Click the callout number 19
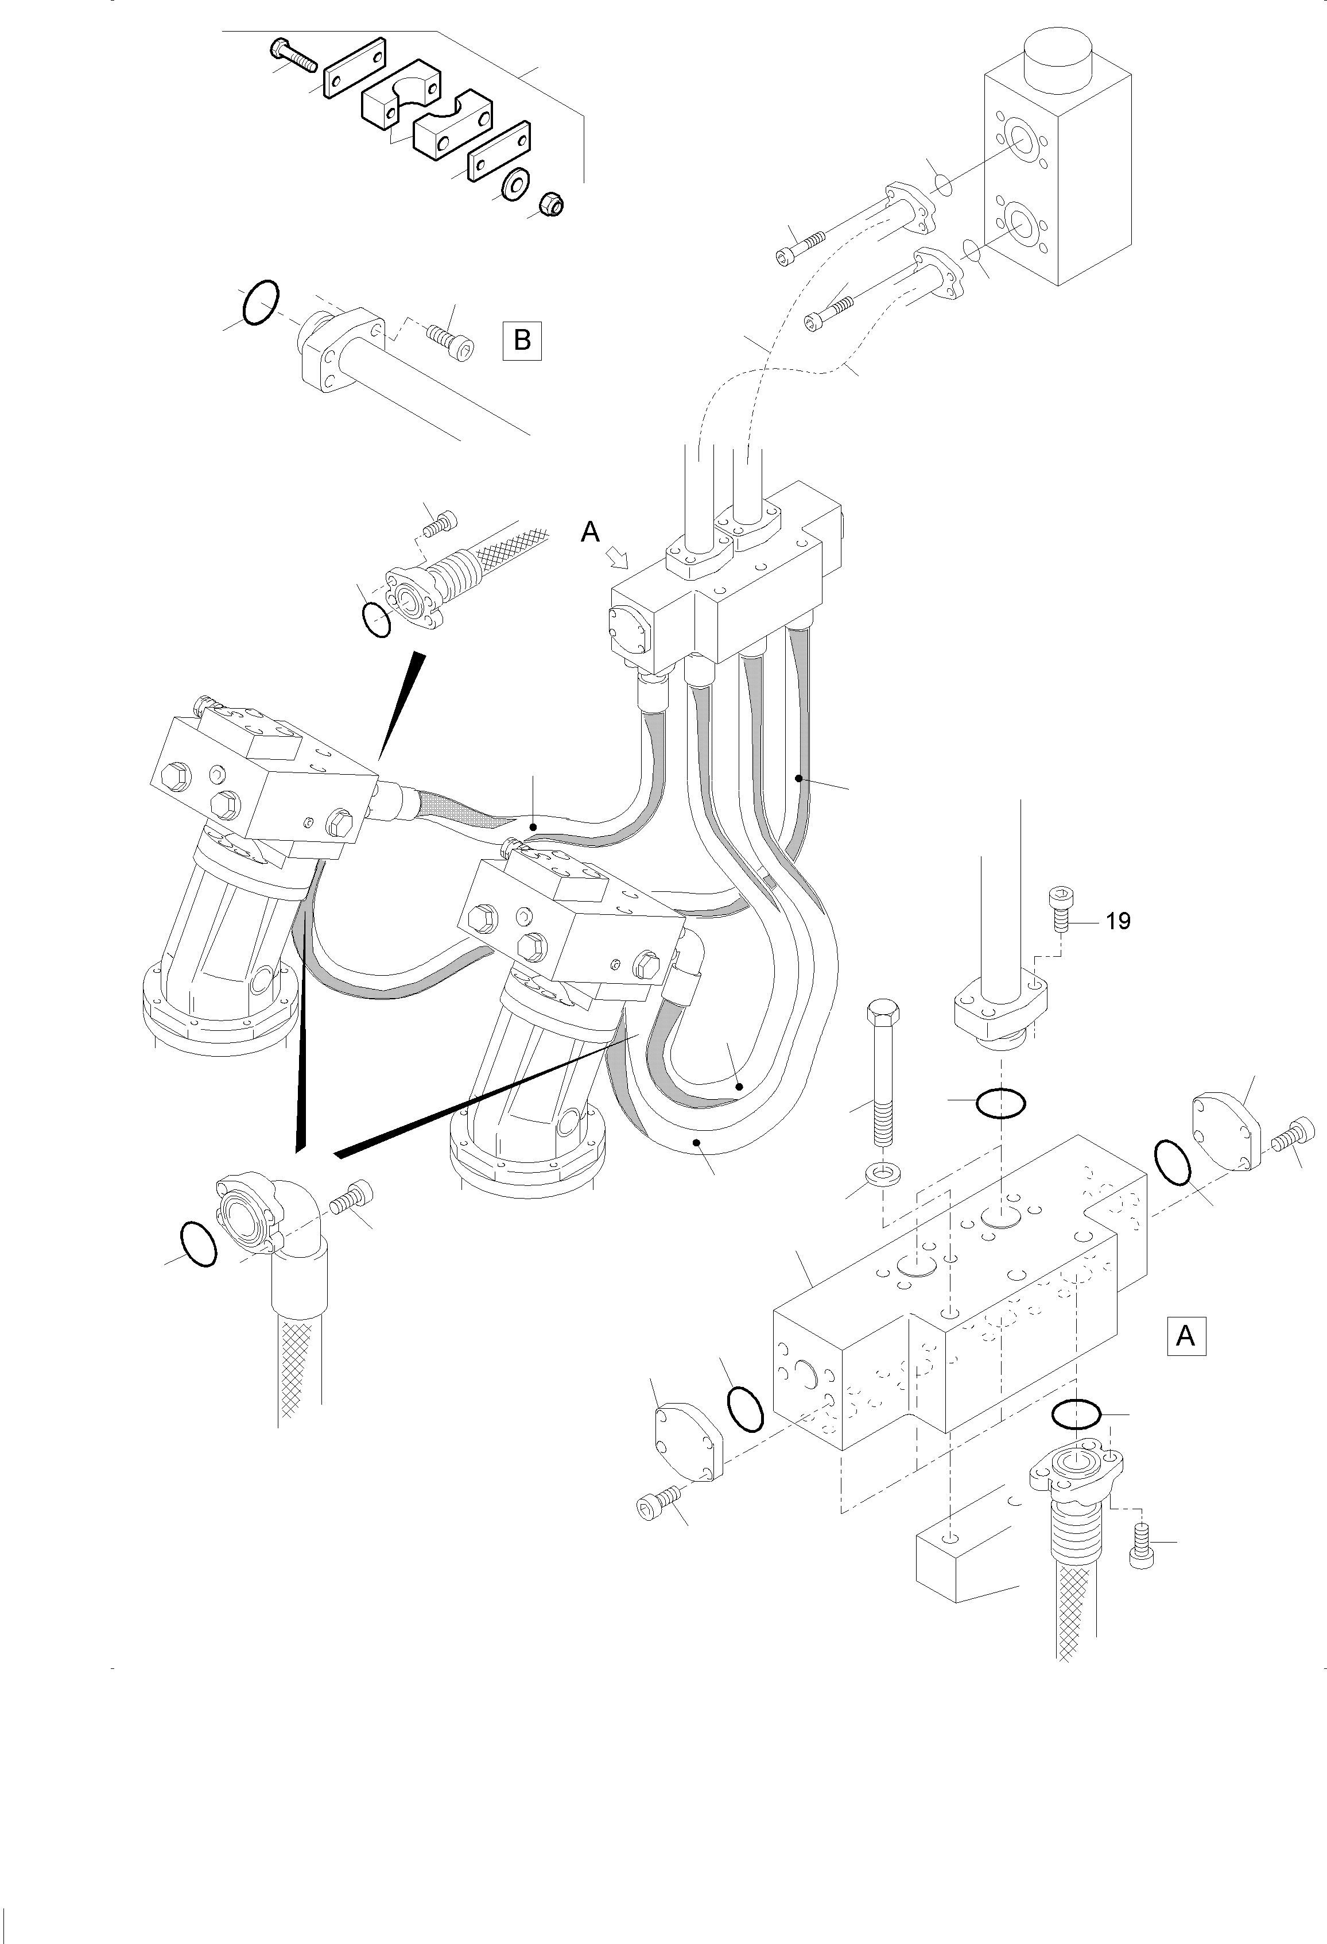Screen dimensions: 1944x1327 coord(1118,921)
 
